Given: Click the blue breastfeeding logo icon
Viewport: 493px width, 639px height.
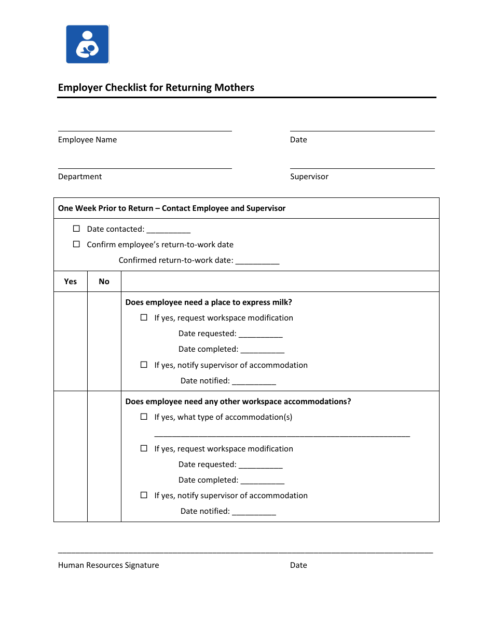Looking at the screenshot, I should pyautogui.click(x=87, y=44).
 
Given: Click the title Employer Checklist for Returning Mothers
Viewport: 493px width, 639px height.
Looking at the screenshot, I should pyautogui.click(x=156, y=87).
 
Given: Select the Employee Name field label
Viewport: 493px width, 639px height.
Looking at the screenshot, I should pyautogui.click(x=87, y=140).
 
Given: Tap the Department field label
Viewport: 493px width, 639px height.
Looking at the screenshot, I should pyautogui.click(x=80, y=177).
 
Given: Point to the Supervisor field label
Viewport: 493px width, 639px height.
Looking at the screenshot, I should pyautogui.click(x=309, y=177).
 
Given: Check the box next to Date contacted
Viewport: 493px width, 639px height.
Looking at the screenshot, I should pyautogui.click(x=76, y=229).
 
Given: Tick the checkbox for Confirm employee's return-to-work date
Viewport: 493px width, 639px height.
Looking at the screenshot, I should pyautogui.click(x=76, y=244).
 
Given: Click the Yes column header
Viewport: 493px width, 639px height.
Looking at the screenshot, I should pyautogui.click(x=70, y=282).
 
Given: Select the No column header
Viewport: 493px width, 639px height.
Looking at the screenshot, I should pyautogui.click(x=104, y=282).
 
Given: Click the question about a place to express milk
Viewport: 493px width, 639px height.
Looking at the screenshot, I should pyautogui.click(x=209, y=302).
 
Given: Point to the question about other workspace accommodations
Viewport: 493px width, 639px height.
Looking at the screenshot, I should pyautogui.click(x=238, y=402).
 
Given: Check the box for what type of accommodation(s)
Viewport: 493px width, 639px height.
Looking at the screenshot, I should pyautogui.click(x=144, y=417).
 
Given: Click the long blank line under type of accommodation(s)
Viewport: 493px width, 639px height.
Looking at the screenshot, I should pyautogui.click(x=282, y=435).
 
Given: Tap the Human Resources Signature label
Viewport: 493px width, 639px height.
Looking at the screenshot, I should pyautogui.click(x=108, y=565).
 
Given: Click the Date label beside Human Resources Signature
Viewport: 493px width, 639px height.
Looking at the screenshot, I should pyautogui.click(x=298, y=565).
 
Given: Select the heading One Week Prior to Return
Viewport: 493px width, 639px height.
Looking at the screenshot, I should pyautogui.click(x=172, y=208).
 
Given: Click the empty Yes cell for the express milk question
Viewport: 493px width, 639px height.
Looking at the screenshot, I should pyautogui.click(x=70, y=341).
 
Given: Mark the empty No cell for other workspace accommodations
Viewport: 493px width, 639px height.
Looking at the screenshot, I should pyautogui.click(x=104, y=456).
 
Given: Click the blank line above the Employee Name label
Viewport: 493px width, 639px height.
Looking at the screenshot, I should pyautogui.click(x=145, y=130).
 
